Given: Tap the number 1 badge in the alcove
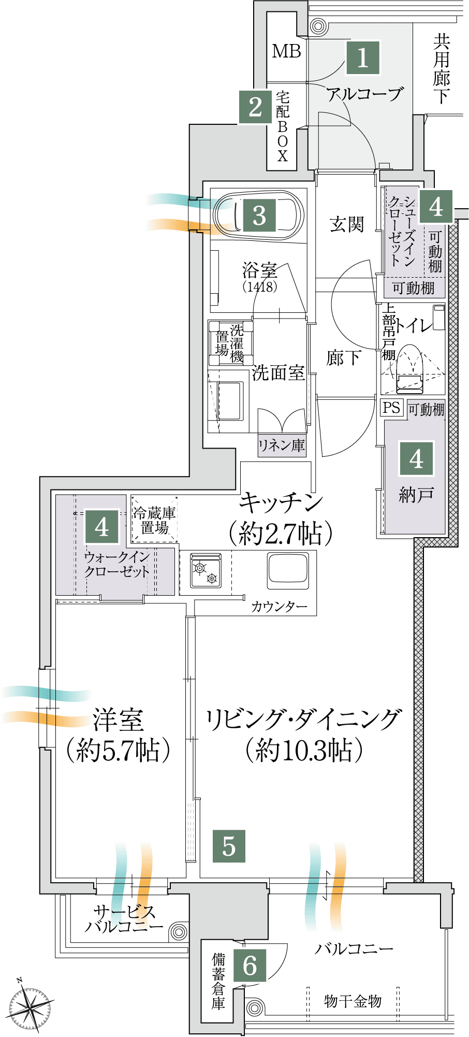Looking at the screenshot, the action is (x=363, y=57).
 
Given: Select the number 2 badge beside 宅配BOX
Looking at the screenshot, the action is (x=255, y=107).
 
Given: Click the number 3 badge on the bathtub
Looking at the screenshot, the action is (x=259, y=215).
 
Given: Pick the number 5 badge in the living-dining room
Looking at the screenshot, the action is (x=229, y=846).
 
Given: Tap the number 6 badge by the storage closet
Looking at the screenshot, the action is (x=250, y=965).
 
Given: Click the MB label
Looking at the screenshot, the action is (x=286, y=51).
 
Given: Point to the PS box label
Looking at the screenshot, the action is (x=391, y=407).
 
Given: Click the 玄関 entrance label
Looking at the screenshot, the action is (x=347, y=225).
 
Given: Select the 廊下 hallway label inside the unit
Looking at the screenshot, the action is (x=343, y=358).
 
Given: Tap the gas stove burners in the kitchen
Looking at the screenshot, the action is (x=206, y=570).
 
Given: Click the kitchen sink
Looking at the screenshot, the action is (x=288, y=571).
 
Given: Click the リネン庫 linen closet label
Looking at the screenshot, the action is (x=282, y=445).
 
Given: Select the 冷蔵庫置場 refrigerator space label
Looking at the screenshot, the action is (x=154, y=521).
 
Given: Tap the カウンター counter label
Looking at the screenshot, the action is (x=280, y=607).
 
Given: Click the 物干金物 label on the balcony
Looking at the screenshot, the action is (x=353, y=1001).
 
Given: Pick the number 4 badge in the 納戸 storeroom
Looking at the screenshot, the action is (x=416, y=459).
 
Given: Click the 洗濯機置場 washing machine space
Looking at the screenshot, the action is (x=230, y=343).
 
